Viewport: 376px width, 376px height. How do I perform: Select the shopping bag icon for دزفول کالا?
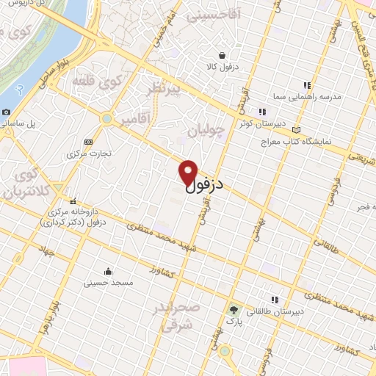click(x=222, y=55)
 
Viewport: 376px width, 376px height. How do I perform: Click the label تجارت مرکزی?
click(x=89, y=153)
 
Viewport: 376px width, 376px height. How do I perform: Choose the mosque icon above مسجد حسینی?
click(x=109, y=270)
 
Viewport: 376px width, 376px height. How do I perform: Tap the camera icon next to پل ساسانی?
click(x=7, y=112)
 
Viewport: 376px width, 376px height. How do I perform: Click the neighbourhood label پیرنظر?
click(x=161, y=90)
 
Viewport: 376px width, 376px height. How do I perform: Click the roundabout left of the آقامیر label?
click(x=107, y=117)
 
